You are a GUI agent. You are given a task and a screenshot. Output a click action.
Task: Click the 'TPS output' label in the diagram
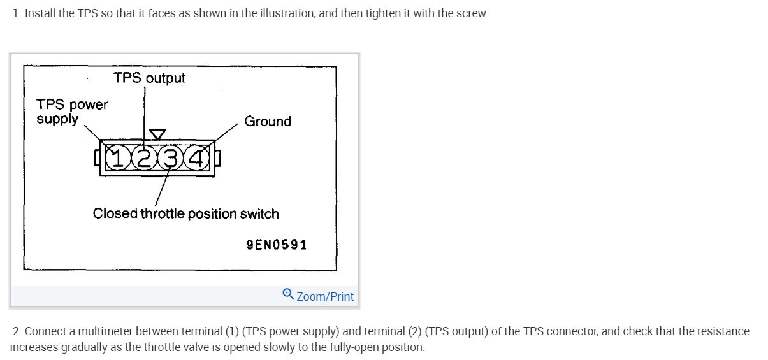[149, 78]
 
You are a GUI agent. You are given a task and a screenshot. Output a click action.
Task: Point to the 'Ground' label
[268, 121]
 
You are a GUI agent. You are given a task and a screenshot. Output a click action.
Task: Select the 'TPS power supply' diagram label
[71, 112]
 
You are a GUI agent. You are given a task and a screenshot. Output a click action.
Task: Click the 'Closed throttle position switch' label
[185, 213]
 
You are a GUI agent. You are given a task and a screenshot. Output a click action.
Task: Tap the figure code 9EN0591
[276, 245]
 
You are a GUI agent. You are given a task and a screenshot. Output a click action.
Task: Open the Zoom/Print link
[325, 297]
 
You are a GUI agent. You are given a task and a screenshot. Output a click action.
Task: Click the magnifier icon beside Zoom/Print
[288, 294]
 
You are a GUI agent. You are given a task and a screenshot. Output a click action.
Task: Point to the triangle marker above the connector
[157, 134]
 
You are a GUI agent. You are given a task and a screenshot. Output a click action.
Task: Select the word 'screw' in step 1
[472, 13]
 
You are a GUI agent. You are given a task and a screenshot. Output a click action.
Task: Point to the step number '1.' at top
[17, 13]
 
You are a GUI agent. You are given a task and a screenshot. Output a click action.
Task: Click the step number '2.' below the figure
[17, 331]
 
